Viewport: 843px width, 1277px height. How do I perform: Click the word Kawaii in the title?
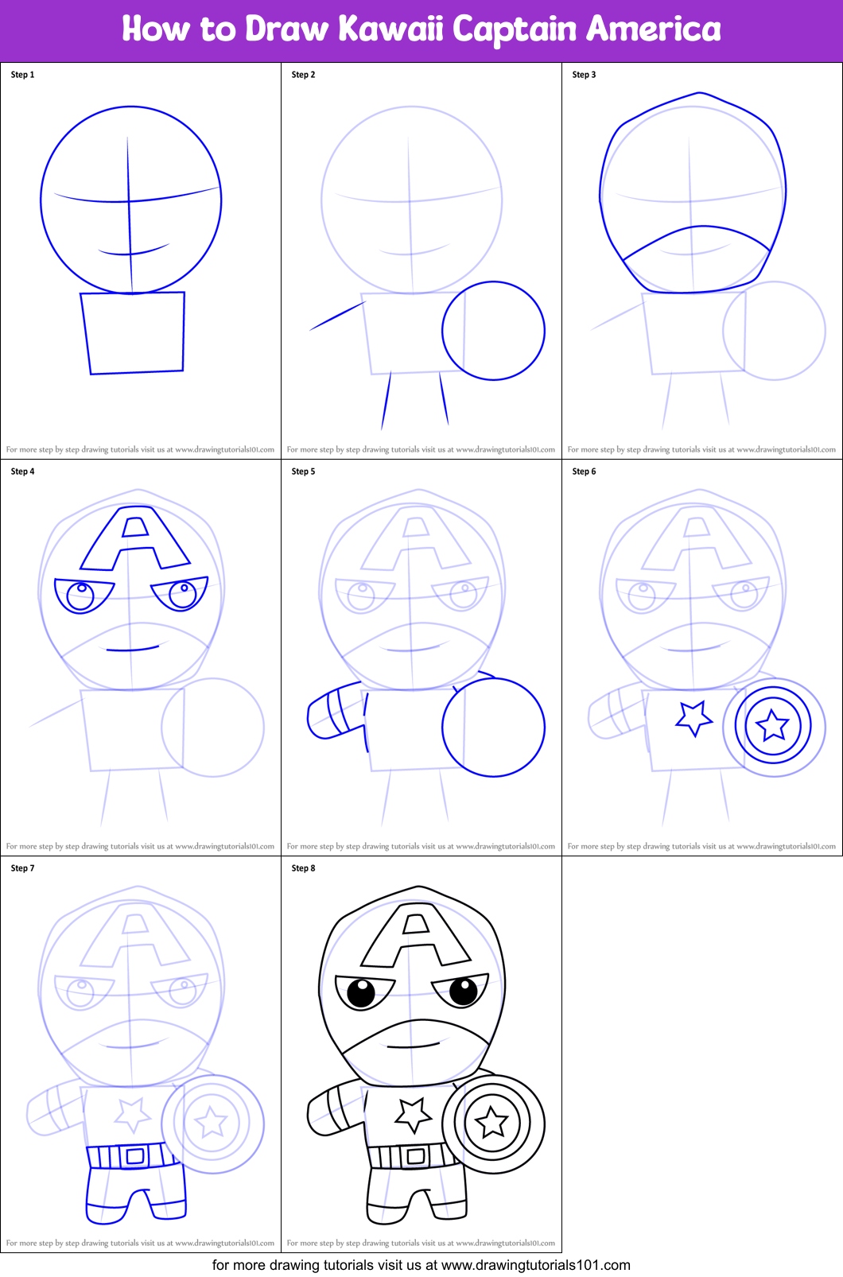point(390,29)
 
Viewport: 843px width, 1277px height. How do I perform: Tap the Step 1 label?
point(23,75)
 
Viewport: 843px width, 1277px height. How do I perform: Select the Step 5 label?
point(304,472)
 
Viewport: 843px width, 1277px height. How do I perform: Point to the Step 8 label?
point(304,868)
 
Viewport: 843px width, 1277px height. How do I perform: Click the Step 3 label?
point(584,75)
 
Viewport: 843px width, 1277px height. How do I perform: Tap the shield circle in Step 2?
point(443,331)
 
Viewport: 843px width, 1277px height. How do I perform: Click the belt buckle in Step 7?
point(135,1155)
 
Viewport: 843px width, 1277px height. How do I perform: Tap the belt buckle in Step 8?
point(415,1155)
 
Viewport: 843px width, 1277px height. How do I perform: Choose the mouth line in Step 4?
point(132,650)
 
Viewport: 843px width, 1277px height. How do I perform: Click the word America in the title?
point(654,29)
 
